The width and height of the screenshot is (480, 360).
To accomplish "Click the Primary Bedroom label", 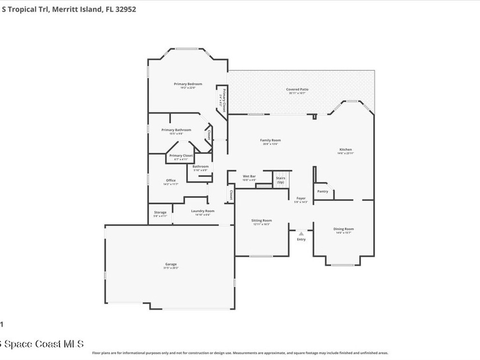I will [188, 84].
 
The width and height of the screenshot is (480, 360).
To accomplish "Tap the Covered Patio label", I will [297, 89].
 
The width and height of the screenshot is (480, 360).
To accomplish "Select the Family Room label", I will [270, 140].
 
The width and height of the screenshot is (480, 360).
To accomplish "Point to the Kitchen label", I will [345, 150].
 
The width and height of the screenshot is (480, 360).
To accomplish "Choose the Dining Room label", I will [344, 229].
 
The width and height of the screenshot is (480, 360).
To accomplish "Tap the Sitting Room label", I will [262, 220].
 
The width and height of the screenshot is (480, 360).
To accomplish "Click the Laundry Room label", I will [202, 211].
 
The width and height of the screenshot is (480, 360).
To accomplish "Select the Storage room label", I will [160, 212].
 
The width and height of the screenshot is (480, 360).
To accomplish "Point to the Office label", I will [171, 180].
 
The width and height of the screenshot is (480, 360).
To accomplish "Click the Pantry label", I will [322, 191].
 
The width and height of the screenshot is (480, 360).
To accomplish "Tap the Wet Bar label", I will [249, 176].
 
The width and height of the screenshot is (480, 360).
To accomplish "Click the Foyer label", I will [301, 198].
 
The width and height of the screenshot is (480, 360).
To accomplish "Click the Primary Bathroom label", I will [176, 130].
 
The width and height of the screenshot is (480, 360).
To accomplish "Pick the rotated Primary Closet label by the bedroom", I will [224, 100].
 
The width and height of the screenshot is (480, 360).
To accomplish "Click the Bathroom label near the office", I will [200, 166].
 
